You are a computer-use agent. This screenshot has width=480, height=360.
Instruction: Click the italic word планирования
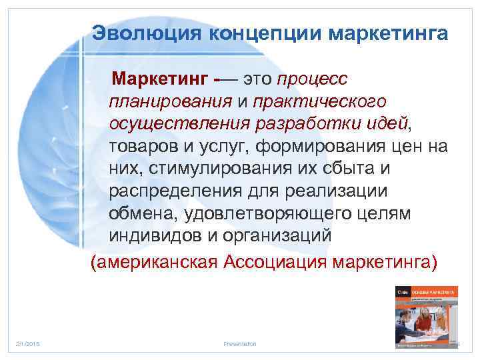(x=169, y=102)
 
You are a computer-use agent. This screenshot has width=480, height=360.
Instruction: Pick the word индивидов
(x=150, y=236)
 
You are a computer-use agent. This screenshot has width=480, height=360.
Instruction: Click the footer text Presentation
(x=240, y=343)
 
